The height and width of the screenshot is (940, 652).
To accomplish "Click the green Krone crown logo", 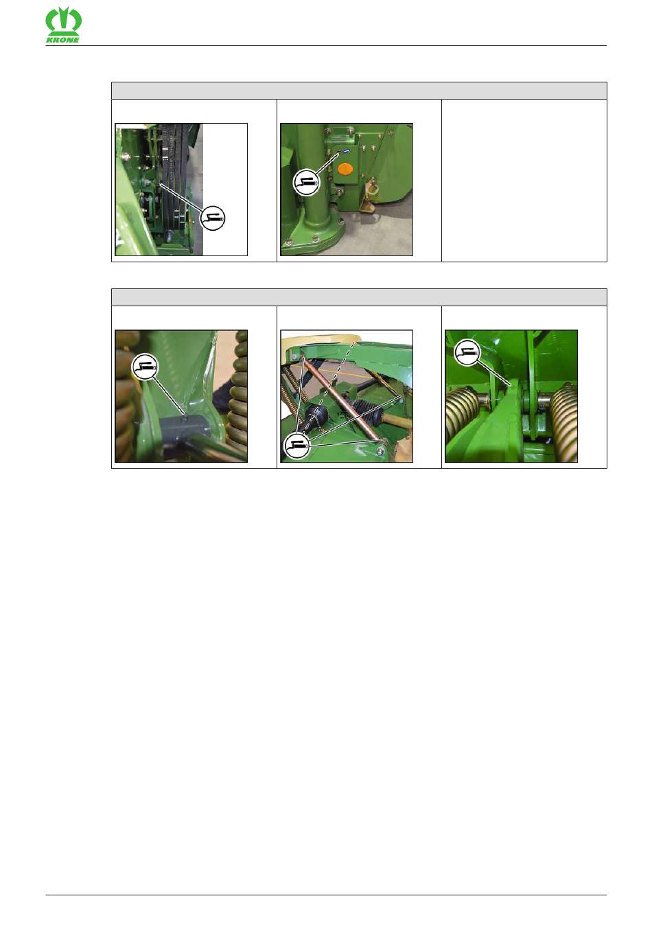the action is (63, 21).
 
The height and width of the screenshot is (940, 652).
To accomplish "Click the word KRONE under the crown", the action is (63, 41).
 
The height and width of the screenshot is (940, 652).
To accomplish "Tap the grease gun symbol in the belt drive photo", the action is (212, 218).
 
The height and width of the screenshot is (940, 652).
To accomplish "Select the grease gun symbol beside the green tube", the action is (306, 183).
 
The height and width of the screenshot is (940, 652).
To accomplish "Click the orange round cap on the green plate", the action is (345, 169).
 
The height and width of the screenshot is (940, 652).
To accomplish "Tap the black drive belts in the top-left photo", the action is (172, 176).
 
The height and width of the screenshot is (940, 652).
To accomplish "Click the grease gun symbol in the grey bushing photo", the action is (145, 367).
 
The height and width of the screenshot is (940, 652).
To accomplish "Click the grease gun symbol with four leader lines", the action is (296, 445).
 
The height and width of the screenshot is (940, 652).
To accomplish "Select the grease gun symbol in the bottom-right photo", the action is (467, 352).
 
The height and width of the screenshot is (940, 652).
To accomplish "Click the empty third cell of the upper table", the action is (524, 181).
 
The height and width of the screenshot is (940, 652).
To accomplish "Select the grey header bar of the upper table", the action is (359, 91).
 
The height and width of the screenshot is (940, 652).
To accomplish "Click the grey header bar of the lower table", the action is (359, 297).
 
